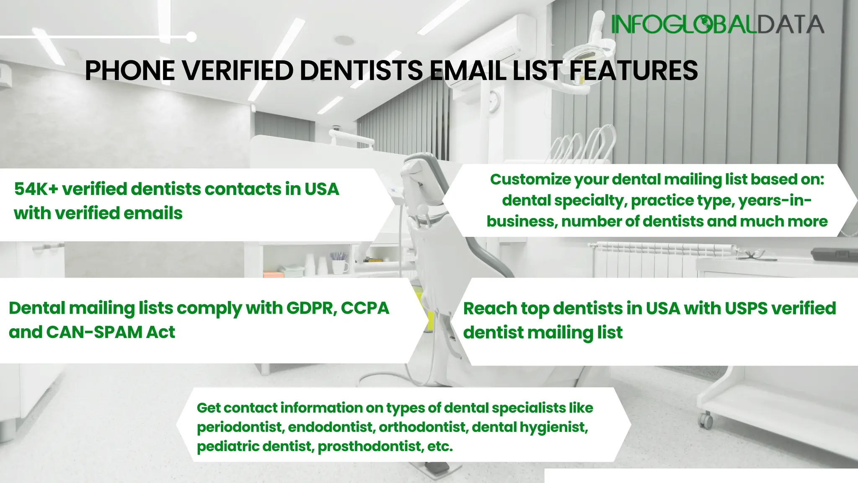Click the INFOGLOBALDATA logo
(717, 24)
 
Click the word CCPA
(365, 308)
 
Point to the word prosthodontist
(369, 447)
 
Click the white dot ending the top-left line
(191, 37)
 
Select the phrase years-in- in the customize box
(775, 201)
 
